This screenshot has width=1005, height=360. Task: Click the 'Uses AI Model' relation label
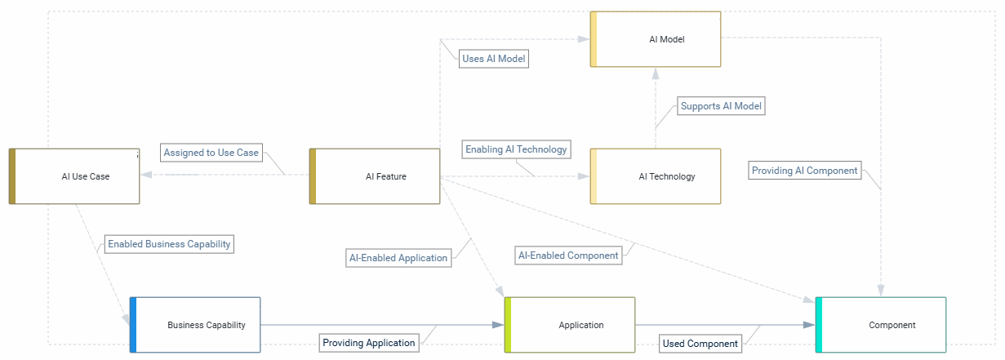tap(494, 59)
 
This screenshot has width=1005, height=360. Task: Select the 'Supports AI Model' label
tap(721, 106)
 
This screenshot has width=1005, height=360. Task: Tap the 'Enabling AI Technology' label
tap(516, 149)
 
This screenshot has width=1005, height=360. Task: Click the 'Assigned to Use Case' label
tap(211, 153)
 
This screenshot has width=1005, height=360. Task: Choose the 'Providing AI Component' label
tap(804, 171)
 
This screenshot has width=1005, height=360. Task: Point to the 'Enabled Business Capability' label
tap(170, 243)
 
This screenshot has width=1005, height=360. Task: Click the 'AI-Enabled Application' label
tap(398, 258)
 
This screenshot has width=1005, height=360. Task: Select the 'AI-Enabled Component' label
tap(568, 256)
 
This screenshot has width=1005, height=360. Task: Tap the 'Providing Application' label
tap(368, 343)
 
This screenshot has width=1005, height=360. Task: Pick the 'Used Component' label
tap(700, 344)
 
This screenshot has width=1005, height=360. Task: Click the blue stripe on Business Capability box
tap(133, 325)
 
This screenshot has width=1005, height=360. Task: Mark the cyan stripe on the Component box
tap(819, 325)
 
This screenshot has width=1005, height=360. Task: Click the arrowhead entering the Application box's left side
tap(498, 325)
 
